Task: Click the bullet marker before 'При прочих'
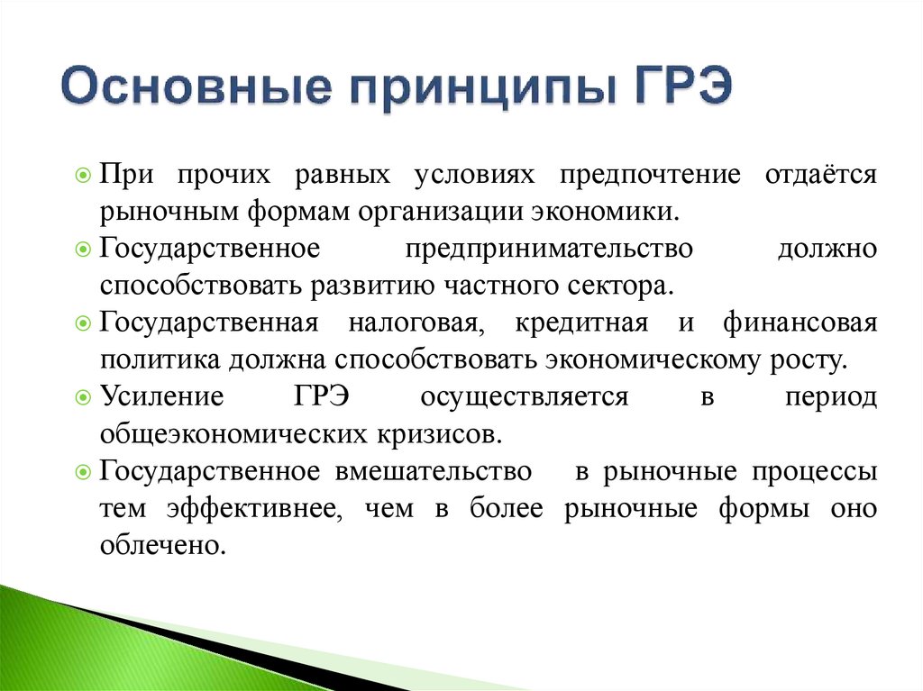pos(83,175)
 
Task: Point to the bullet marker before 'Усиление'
pos(83,397)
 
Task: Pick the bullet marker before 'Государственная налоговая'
pos(83,323)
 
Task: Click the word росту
pos(809,360)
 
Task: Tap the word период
pos(830,397)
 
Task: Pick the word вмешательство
pos(434,471)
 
